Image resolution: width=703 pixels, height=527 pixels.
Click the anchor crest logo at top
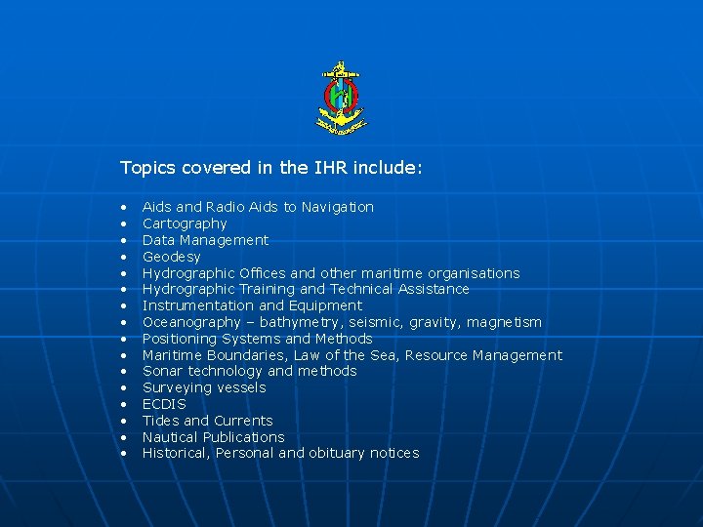(x=341, y=97)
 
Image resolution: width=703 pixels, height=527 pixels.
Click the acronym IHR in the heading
(x=330, y=168)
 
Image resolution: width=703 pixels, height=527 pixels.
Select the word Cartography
(x=185, y=223)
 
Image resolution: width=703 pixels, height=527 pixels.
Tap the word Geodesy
(x=172, y=257)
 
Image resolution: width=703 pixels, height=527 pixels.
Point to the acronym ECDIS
(x=164, y=404)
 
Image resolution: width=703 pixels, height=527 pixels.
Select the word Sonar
(x=162, y=371)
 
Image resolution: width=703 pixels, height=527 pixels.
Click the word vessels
(x=241, y=387)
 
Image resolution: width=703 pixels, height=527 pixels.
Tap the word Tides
(x=161, y=421)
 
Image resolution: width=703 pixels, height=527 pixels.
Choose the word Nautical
(x=172, y=437)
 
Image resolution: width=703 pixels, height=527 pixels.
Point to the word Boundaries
(x=245, y=355)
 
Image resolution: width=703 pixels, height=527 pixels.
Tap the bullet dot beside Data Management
(x=126, y=241)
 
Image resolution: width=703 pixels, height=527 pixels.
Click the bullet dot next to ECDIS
(x=126, y=405)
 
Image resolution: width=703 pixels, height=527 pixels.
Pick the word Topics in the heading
(x=145, y=168)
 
